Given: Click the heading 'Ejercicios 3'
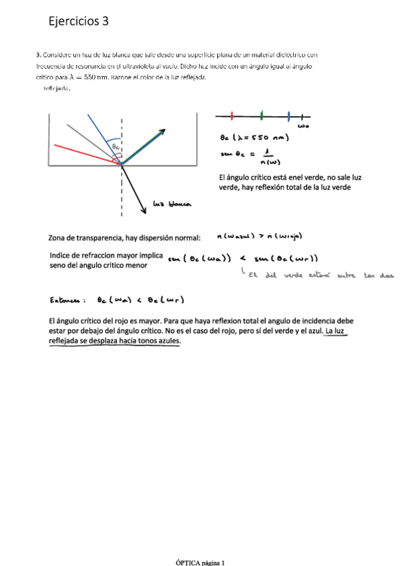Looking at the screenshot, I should (78, 21).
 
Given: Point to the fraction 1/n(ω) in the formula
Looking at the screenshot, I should (268, 156).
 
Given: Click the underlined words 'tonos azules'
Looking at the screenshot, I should (157, 340).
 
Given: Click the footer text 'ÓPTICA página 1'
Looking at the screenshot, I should (200, 562).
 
